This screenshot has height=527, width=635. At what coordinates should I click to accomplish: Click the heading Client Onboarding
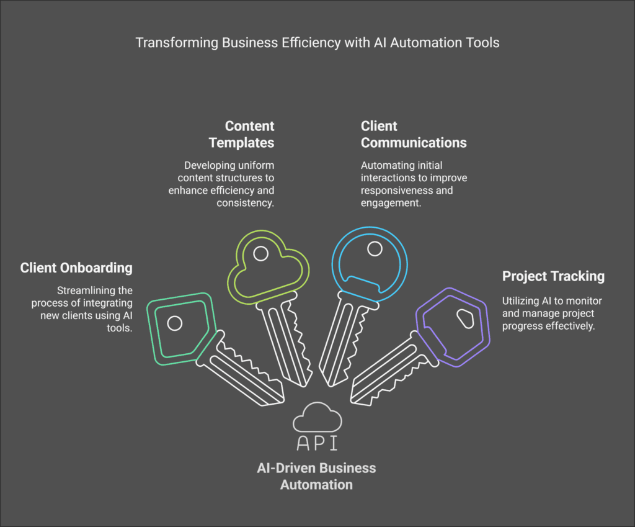click(x=76, y=268)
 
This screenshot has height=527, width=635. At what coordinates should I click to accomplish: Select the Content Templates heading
click(x=241, y=134)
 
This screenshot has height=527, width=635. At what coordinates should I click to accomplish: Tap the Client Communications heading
click(x=413, y=134)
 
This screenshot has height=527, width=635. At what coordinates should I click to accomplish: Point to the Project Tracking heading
click(x=553, y=276)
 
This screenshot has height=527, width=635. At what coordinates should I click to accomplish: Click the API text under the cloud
click(x=317, y=443)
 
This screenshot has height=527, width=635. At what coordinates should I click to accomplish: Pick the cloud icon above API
click(x=317, y=417)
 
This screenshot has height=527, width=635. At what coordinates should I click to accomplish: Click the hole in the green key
click(x=175, y=323)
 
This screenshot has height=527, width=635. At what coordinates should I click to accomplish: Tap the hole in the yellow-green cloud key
click(x=261, y=253)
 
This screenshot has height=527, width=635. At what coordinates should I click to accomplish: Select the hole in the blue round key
click(x=374, y=249)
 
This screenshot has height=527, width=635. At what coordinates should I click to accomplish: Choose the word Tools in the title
click(x=484, y=43)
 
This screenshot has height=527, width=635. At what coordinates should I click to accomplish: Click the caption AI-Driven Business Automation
click(x=316, y=475)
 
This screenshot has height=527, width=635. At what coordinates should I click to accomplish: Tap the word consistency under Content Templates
click(x=245, y=202)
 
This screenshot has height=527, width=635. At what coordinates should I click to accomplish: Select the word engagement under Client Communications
click(x=391, y=202)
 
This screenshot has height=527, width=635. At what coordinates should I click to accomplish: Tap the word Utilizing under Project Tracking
click(x=520, y=301)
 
